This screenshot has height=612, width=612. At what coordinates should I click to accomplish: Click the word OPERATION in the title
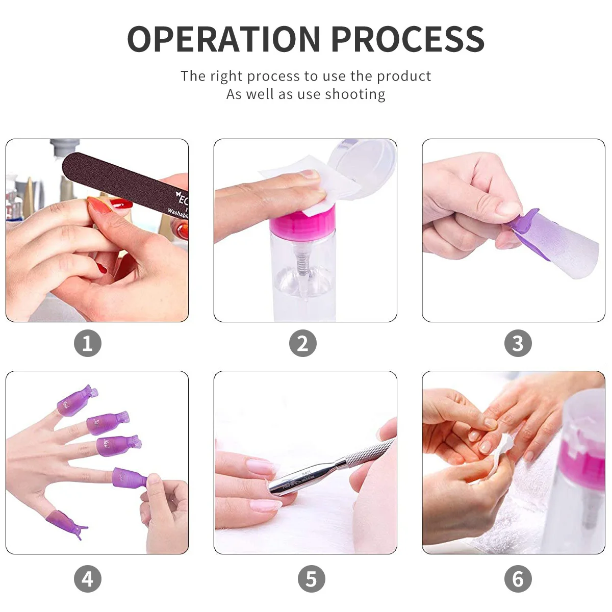pos(223,39)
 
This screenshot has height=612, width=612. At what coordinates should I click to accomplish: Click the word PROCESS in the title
pos(408,39)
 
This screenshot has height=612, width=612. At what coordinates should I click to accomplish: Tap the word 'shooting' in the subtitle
pos(355,94)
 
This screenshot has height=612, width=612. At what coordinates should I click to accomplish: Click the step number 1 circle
pos(88,343)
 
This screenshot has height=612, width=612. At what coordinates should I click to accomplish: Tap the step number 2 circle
pos(303,343)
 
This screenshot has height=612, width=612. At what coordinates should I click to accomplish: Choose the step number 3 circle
pos(518,343)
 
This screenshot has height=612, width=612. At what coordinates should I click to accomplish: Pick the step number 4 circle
pos(88,579)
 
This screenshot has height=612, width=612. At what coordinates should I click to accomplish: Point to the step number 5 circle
pos(311,579)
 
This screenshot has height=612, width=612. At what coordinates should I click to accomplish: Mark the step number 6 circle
pos(518,579)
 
